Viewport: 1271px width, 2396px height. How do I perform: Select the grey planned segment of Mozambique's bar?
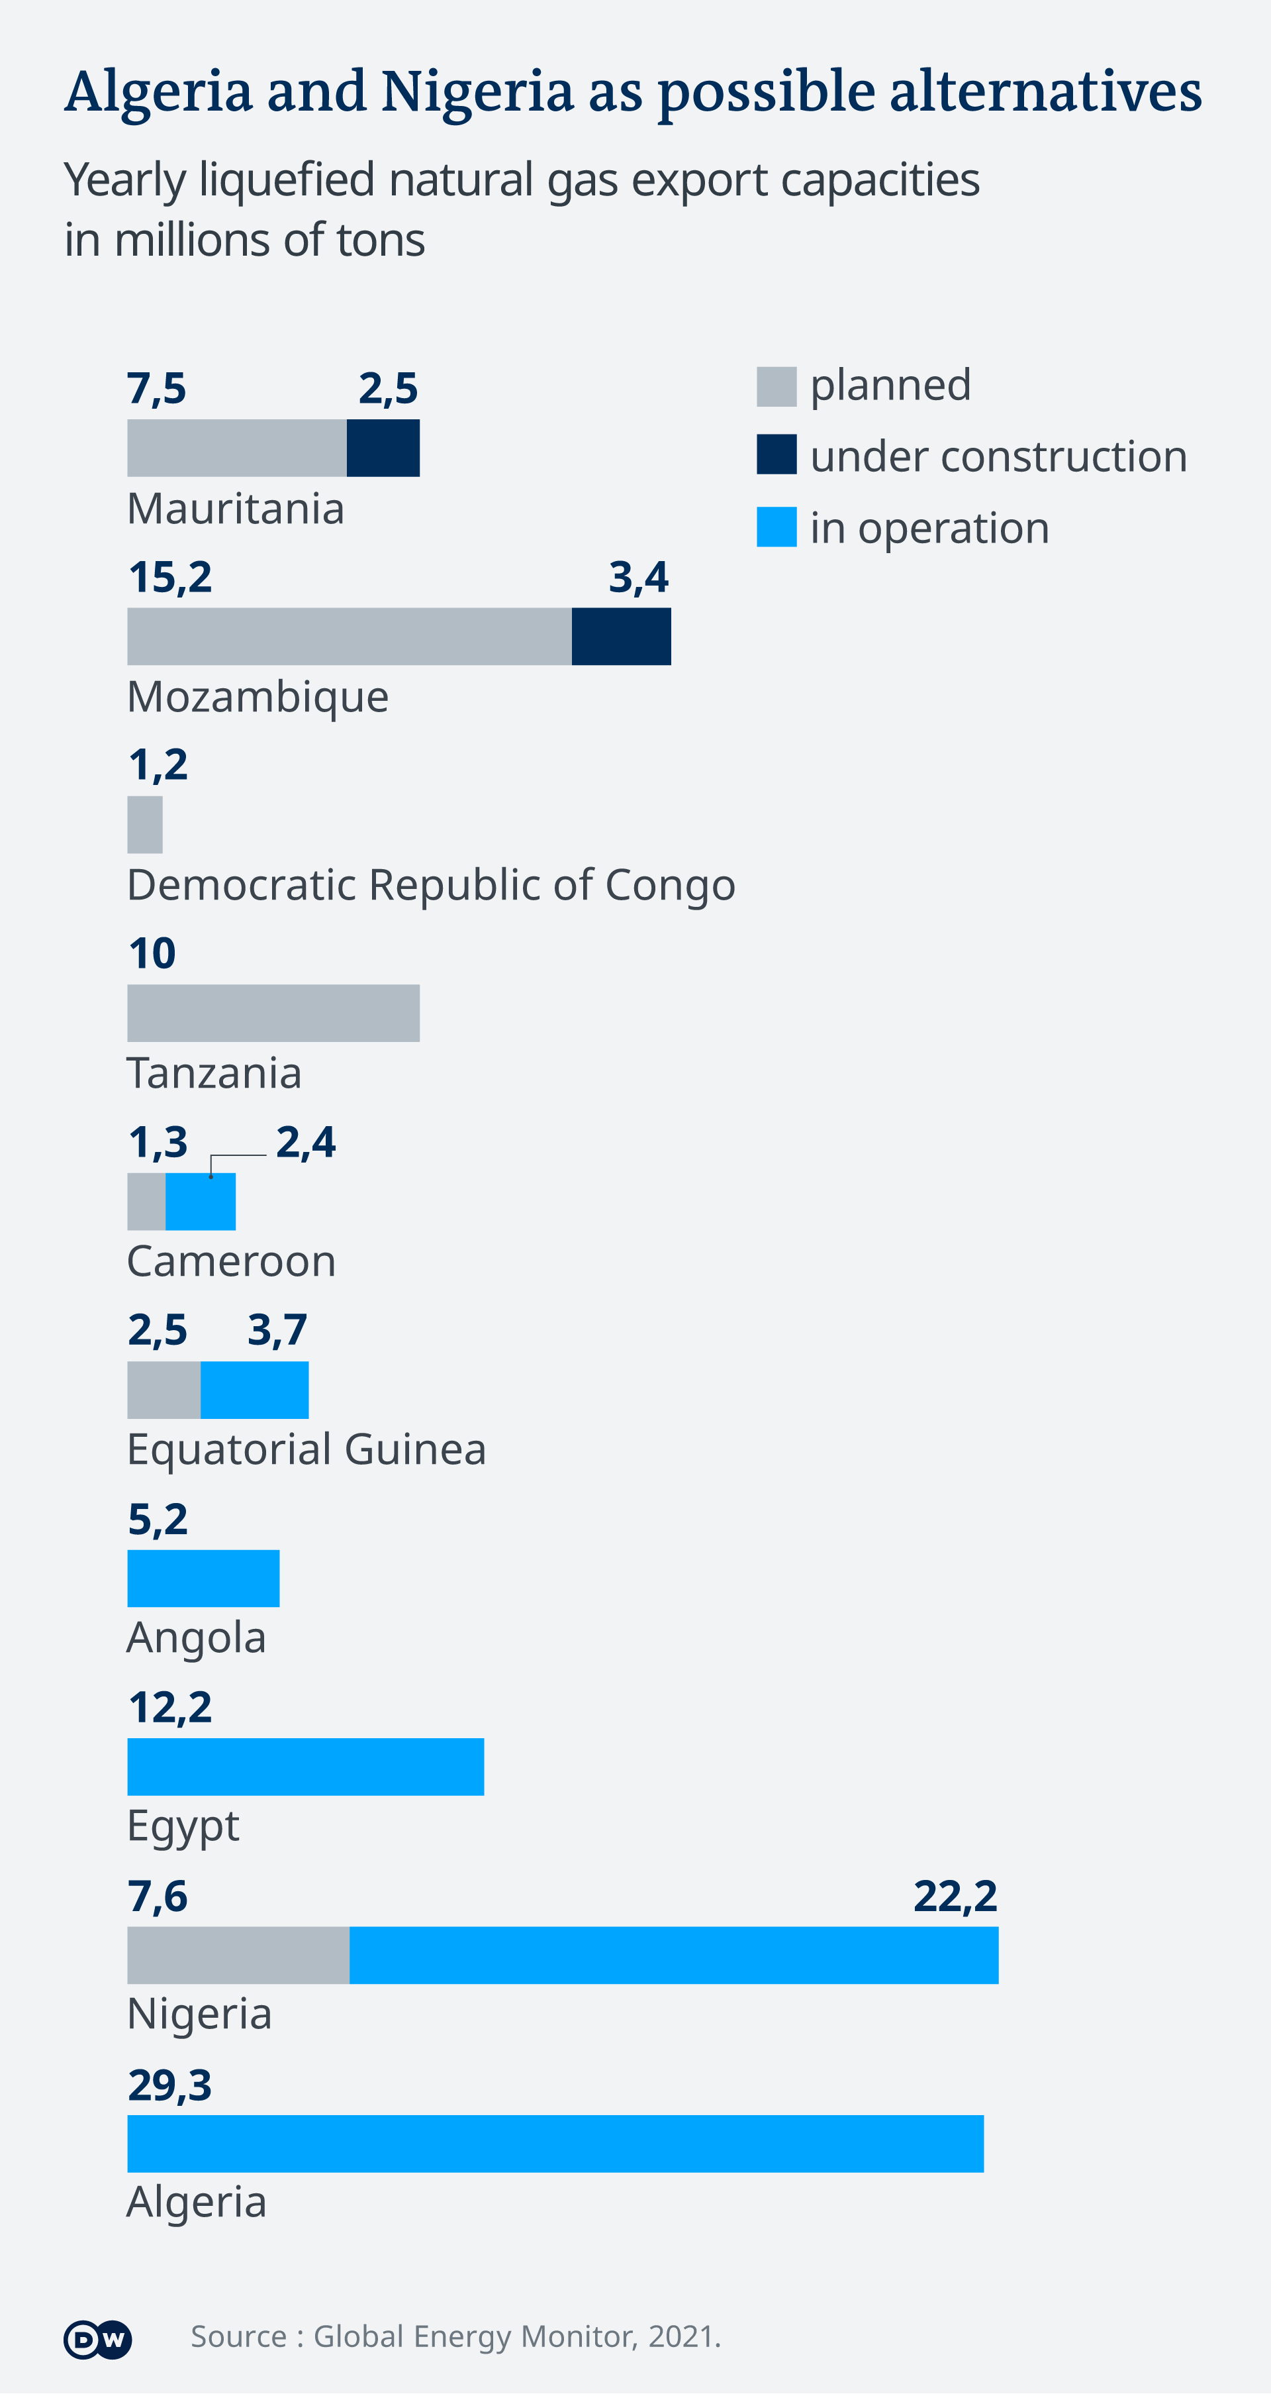pyautogui.click(x=349, y=636)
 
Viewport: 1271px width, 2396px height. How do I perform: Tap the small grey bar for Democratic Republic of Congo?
pyautogui.click(x=145, y=824)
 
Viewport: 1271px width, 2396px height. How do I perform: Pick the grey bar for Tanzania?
pyautogui.click(x=273, y=1013)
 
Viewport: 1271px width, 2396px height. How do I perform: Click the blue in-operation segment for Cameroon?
pyautogui.click(x=201, y=1201)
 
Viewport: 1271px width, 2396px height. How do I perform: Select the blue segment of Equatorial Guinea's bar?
pyautogui.click(x=255, y=1390)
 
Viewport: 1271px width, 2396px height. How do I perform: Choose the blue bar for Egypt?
pyautogui.click(x=306, y=1766)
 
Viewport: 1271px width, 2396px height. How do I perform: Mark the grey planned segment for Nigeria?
pyautogui.click(x=238, y=1955)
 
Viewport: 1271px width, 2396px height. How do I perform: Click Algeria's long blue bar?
pyautogui.click(x=555, y=2143)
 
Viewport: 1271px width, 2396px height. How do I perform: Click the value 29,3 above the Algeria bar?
pyautogui.click(x=170, y=2085)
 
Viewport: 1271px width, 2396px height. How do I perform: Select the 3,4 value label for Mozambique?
pyautogui.click(x=639, y=577)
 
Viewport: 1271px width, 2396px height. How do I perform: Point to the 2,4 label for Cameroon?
pyautogui.click(x=306, y=1141)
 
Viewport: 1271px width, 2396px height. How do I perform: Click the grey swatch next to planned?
pyautogui.click(x=777, y=386)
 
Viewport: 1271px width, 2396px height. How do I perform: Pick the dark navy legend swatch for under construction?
pyautogui.click(x=777, y=455)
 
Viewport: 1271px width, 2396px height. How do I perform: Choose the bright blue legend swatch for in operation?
pyautogui.click(x=777, y=527)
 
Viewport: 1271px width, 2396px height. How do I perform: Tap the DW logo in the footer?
pyautogui.click(x=97, y=2339)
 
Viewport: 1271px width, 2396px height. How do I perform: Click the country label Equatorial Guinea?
pyautogui.click(x=306, y=1449)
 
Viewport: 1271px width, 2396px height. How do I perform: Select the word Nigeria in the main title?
pyautogui.click(x=477, y=91)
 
